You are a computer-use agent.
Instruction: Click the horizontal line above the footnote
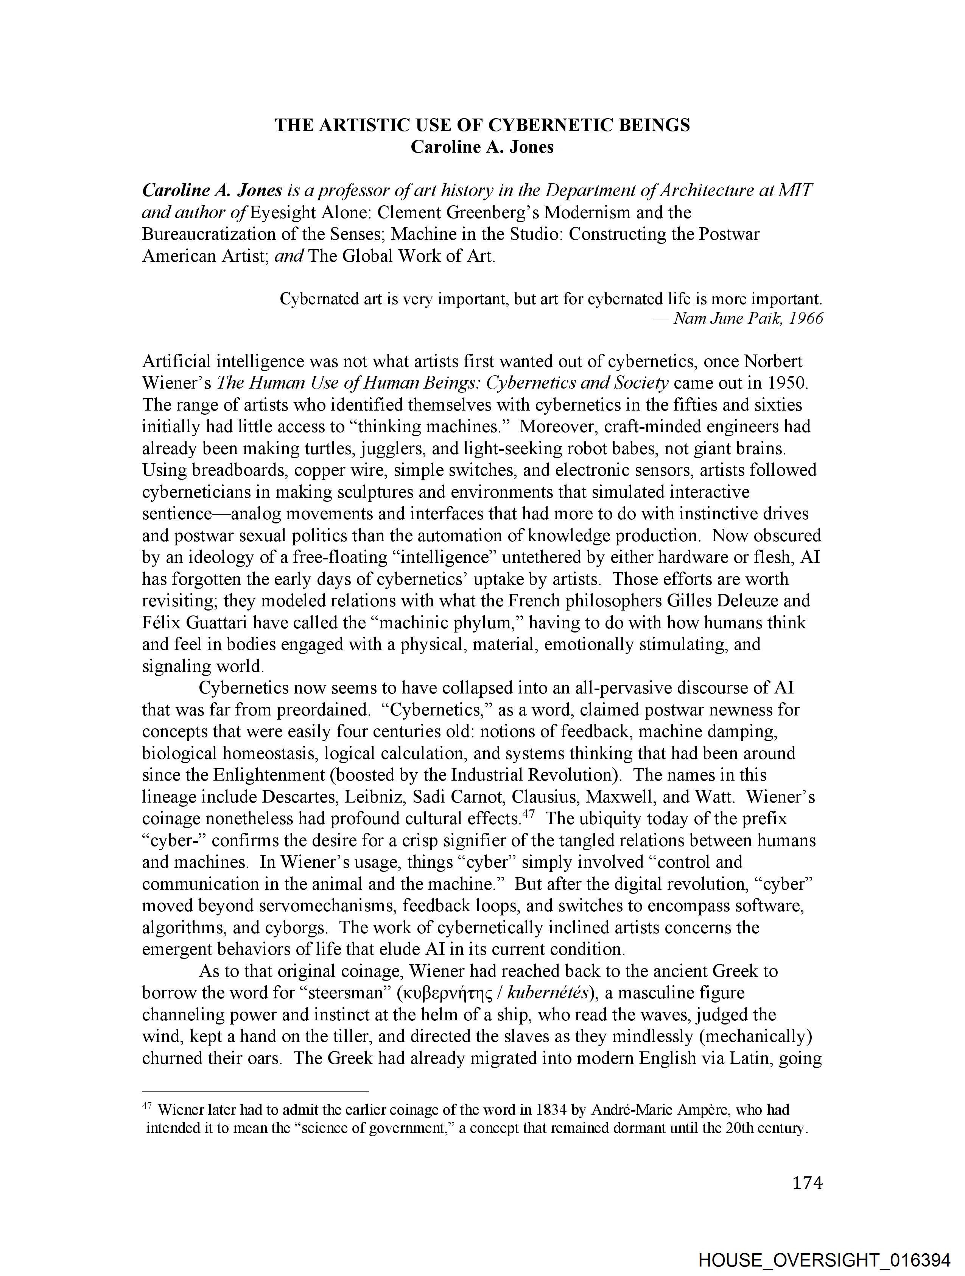click(x=255, y=1091)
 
